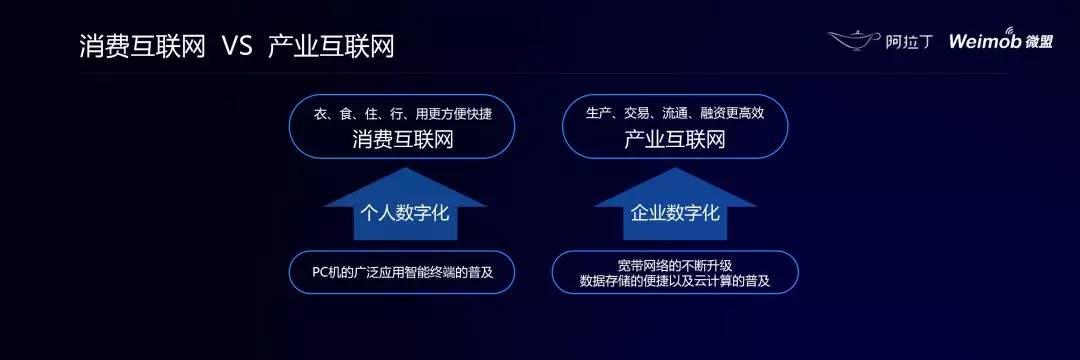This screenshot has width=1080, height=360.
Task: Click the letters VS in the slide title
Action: coord(237,47)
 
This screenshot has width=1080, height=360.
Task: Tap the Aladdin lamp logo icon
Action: coord(853,40)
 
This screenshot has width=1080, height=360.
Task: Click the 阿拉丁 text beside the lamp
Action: coord(908,41)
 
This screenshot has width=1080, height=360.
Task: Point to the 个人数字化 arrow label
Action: coord(405,213)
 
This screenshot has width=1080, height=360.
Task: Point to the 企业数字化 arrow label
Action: coord(675,213)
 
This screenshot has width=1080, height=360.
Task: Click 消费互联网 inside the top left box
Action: coord(403,140)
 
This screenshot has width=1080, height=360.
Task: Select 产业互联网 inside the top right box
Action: coord(675,140)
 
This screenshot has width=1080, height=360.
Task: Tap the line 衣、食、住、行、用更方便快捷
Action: coord(403,114)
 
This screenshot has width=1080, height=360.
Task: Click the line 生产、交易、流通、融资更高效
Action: coord(675,114)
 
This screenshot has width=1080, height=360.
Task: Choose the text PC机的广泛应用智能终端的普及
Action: coord(403,272)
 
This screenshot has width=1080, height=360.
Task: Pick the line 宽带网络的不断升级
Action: coord(675,265)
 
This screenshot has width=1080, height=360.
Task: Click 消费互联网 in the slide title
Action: coord(143,47)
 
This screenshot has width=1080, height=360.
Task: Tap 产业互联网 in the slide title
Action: coord(331,47)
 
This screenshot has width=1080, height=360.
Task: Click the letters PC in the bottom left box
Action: coord(320,272)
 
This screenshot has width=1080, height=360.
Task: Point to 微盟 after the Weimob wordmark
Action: coord(1038,41)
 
